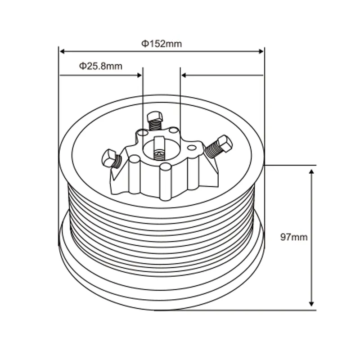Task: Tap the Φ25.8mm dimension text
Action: tap(101, 66)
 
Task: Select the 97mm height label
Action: tap(294, 237)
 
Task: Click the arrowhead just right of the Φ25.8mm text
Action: tap(139, 75)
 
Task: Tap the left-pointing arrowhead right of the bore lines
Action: tap(184, 75)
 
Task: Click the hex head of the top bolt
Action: tap(155, 115)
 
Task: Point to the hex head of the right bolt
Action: tap(225, 144)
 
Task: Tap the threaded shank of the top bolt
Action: tap(156, 125)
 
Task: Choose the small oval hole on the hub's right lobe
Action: tap(192, 147)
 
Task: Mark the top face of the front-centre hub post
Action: tap(165, 167)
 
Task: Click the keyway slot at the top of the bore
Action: tap(158, 143)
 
